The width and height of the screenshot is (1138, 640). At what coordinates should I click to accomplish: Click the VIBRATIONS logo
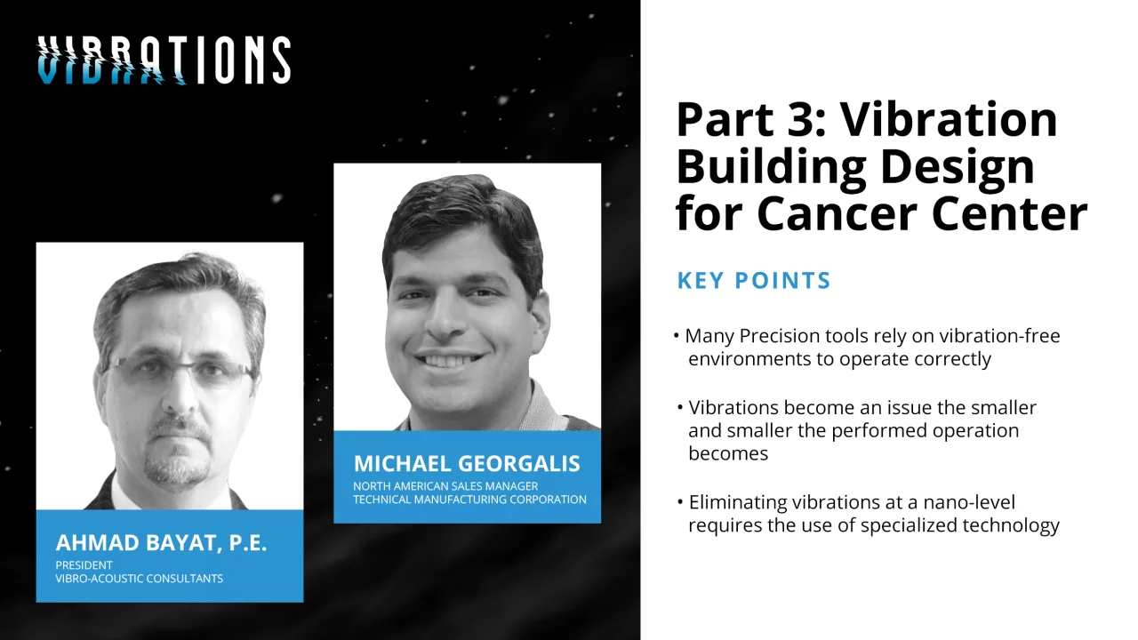pos(164,60)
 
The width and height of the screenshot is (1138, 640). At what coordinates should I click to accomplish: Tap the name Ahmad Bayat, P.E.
pos(161,542)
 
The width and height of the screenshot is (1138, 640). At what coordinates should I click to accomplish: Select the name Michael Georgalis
pos(467,463)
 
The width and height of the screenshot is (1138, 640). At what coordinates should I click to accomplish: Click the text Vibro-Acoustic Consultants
pos(140,579)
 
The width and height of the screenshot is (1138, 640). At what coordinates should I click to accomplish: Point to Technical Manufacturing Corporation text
pos(470,500)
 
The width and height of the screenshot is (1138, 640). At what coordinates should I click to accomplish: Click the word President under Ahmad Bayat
pos(84,564)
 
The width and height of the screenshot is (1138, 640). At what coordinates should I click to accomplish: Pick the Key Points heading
pos(754,280)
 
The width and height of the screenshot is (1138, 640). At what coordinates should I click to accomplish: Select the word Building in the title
pos(771,169)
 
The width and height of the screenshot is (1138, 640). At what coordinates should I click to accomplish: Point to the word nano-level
pos(969,502)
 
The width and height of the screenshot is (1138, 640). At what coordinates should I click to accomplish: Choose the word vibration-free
pos(999,336)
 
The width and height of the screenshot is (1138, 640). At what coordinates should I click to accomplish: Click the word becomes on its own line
pos(728,453)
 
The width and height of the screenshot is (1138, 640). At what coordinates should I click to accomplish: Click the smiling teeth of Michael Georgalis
pos(449,360)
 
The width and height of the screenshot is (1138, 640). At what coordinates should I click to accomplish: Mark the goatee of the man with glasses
pos(178,452)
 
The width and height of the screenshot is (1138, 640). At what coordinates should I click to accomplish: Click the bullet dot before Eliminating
pos(680,502)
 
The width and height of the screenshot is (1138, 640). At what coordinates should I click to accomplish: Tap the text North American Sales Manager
pos(445,486)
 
